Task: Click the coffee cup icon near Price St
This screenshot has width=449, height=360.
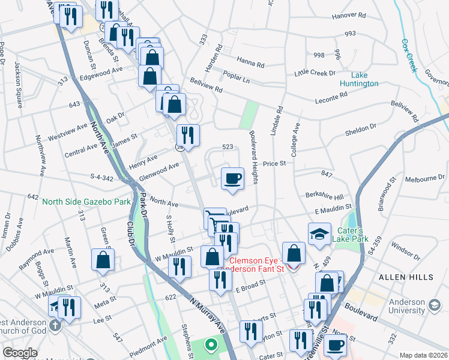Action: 232,178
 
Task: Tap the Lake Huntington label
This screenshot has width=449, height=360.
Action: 359,79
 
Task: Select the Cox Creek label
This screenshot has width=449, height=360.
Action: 408,56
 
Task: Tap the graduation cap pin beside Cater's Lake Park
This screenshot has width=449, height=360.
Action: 319,234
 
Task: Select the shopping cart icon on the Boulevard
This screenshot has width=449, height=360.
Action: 214,218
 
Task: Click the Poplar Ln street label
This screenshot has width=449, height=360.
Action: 236,78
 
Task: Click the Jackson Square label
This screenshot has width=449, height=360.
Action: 19,85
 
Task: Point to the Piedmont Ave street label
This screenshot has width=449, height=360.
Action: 149,345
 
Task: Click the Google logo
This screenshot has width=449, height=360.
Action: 20,353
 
